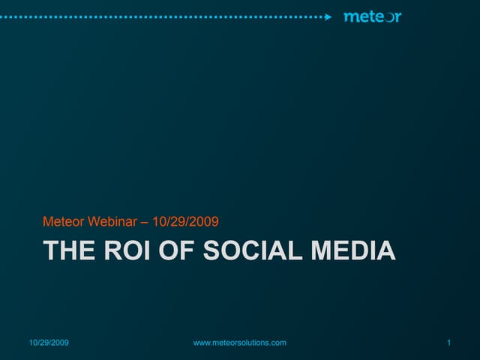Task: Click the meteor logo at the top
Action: (372, 16)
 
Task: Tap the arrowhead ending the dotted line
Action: (328, 16)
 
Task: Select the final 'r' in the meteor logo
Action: (397, 17)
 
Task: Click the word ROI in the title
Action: (126, 250)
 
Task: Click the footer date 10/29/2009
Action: (49, 343)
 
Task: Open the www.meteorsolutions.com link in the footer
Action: (240, 343)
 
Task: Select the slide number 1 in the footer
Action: (447, 343)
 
